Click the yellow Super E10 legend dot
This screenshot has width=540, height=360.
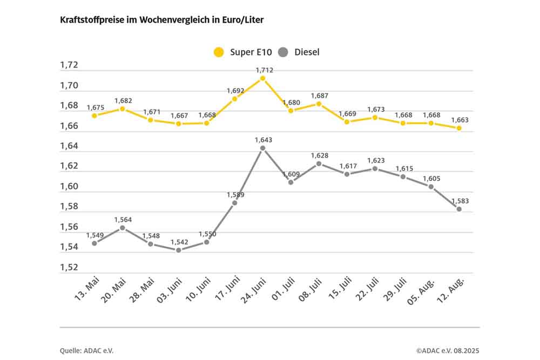(219, 52)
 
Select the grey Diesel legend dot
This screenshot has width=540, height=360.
(283, 52)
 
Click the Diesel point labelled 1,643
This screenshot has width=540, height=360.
(262, 148)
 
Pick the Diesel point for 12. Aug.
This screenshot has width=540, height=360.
(459, 209)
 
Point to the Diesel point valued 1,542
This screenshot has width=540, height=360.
(178, 250)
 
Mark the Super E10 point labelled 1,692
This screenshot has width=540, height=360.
(234, 99)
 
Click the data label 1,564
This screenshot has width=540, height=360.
(123, 220)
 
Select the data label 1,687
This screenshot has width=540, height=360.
(319, 96)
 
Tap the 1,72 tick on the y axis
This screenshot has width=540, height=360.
(69, 65)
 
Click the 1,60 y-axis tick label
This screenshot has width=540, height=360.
(69, 187)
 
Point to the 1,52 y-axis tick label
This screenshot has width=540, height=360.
(69, 268)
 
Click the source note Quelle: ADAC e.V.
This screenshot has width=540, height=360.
(87, 351)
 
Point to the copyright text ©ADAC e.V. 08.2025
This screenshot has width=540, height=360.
(448, 351)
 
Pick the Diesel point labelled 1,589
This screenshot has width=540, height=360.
(234, 203)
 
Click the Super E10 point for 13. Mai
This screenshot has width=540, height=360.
(94, 116)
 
